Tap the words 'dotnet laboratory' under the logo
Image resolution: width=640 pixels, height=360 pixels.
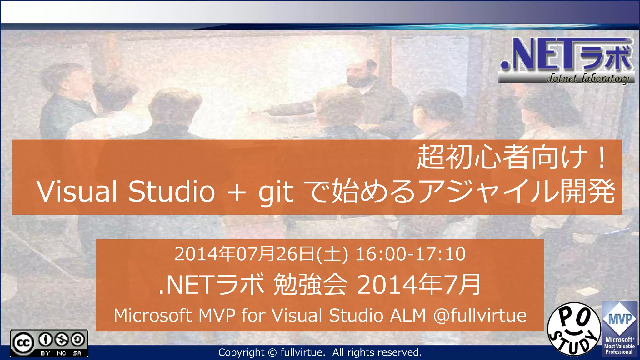[x=587, y=78]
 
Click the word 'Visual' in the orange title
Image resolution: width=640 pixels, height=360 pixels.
[x=77, y=191]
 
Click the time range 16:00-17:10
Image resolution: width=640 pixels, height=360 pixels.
[x=410, y=254]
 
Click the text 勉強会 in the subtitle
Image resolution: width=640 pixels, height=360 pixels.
[x=310, y=284]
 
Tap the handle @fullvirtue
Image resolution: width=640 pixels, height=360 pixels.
[x=480, y=315]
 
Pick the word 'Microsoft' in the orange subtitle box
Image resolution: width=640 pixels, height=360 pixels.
[x=152, y=315]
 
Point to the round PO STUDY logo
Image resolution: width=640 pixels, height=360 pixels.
[x=574, y=329]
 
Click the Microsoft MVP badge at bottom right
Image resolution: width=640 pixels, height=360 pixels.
[x=619, y=329]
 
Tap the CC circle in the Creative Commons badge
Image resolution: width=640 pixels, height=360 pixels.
[x=23, y=343]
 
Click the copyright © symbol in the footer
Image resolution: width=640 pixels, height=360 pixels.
[x=272, y=352]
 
